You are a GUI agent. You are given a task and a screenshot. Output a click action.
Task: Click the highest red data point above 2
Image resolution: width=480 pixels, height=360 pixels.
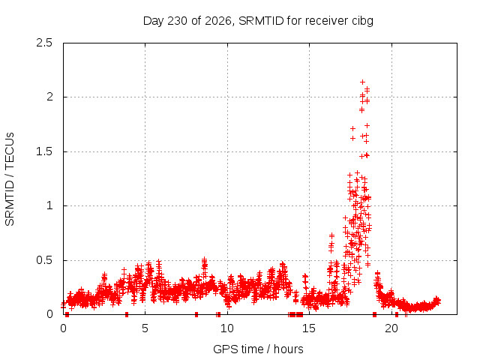pyautogui.click(x=362, y=82)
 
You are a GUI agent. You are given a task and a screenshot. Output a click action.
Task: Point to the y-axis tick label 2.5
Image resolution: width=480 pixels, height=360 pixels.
pyautogui.click(x=44, y=43)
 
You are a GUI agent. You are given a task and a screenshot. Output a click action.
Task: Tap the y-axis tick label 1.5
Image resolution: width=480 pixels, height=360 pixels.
pyautogui.click(x=44, y=151)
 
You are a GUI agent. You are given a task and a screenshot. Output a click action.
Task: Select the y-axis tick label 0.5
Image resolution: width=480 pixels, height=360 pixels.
pyautogui.click(x=44, y=260)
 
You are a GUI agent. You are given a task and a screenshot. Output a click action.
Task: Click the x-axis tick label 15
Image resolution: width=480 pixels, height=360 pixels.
pyautogui.click(x=309, y=328)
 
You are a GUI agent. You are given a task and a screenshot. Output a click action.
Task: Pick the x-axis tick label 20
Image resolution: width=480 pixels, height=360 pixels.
pyautogui.click(x=391, y=328)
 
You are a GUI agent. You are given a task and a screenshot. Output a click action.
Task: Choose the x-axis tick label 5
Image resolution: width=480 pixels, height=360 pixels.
pyautogui.click(x=145, y=328)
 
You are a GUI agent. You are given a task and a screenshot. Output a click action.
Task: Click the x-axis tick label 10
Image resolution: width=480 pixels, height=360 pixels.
pyautogui.click(x=227, y=328)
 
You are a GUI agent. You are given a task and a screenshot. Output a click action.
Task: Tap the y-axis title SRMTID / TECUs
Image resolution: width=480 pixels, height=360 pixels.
pyautogui.click(x=10, y=179)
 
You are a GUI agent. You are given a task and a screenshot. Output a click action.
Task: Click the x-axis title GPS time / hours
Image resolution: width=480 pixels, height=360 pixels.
pyautogui.click(x=258, y=349)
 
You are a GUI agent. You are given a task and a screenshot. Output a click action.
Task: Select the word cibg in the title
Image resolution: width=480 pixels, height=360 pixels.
pyautogui.click(x=362, y=21)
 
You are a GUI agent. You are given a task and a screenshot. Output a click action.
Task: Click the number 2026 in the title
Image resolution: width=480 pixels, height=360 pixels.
pyautogui.click(x=218, y=21)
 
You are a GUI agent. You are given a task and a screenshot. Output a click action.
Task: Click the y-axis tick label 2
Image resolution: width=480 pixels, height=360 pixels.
pyautogui.click(x=49, y=97)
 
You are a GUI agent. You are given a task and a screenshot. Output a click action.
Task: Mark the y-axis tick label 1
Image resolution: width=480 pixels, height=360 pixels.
pyautogui.click(x=49, y=205)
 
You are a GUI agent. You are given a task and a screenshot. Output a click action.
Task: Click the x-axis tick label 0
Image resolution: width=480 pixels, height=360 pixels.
pyautogui.click(x=63, y=328)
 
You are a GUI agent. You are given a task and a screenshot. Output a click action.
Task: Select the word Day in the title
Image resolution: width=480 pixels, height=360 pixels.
pyautogui.click(x=153, y=21)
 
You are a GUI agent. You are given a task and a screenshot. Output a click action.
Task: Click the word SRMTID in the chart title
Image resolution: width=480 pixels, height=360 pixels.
pyautogui.click(x=261, y=21)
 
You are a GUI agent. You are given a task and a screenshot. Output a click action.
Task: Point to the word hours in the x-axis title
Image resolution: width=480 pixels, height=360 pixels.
pyautogui.click(x=288, y=349)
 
